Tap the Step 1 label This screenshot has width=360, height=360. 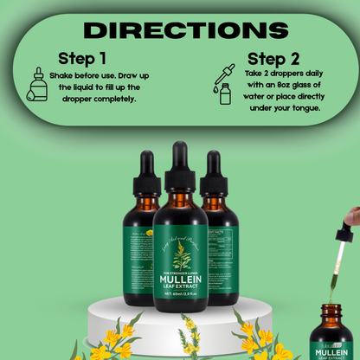click(82, 60)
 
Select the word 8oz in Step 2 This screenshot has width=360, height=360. click(278, 87)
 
